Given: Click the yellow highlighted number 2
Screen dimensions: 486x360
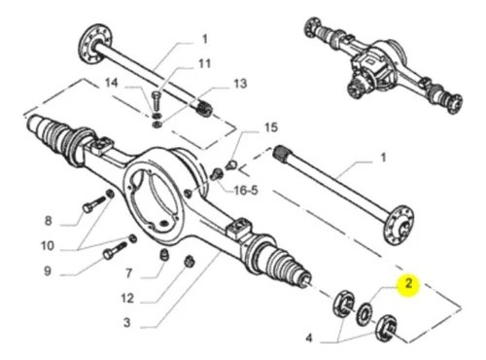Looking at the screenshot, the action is point(408,284).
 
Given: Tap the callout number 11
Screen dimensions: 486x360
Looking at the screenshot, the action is point(204,63).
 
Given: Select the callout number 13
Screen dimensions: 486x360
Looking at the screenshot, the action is point(240,84).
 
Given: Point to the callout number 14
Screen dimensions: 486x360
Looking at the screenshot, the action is point(111,83).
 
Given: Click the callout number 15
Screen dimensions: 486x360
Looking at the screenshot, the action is point(271,127).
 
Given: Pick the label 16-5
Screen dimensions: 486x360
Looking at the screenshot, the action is point(246,191).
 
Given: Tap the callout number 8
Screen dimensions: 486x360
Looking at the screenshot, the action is point(48,221).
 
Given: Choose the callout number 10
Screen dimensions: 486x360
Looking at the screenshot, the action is point(47,246).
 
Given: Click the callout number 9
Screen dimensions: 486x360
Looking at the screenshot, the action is point(48,270).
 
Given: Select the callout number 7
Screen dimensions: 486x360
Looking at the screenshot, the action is point(129,273).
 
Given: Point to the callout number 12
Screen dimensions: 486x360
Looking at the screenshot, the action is point(127,298).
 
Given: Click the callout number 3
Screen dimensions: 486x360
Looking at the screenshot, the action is point(127,322).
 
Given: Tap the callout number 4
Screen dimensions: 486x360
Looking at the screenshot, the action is point(309,339).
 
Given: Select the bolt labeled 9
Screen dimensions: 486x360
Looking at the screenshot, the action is point(115,250).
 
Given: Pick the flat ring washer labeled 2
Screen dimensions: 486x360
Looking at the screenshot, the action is point(364,313).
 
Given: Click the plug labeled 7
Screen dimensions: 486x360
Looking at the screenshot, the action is point(164,255).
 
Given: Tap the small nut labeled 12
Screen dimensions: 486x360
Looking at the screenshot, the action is point(189,262).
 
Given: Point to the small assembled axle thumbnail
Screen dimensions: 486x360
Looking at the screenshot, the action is point(383,65).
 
